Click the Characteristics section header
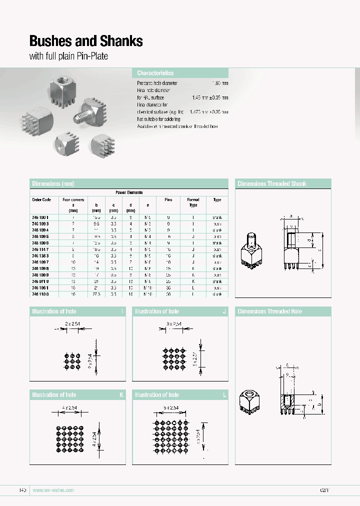155,73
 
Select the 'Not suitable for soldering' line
162,119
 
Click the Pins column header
168,199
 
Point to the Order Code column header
41,199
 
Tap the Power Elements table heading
129,192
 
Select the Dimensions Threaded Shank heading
272,184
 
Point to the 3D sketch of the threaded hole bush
251,400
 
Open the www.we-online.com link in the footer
53,490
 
